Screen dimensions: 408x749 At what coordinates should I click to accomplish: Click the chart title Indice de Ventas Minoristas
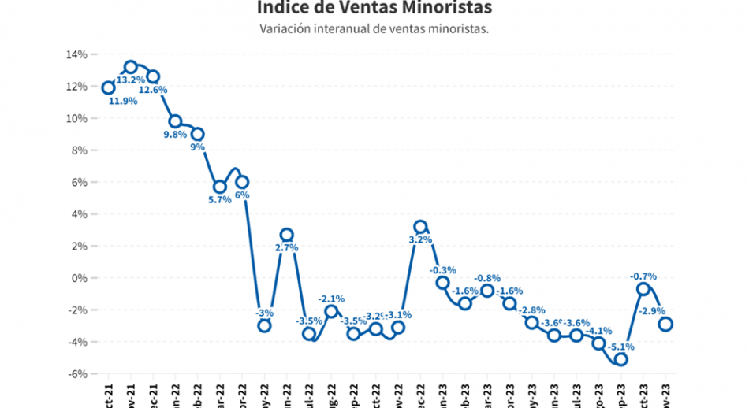(x=374, y=8)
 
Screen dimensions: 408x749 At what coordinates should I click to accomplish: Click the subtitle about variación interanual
(x=374, y=29)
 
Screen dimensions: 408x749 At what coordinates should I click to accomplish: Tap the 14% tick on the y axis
(x=76, y=54)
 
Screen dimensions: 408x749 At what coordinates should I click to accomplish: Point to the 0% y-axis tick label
(x=79, y=278)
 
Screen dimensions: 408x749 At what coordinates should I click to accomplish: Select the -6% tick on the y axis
(x=76, y=374)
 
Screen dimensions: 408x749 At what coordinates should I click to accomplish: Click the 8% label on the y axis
(x=79, y=150)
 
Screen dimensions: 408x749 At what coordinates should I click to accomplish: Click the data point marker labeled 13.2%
(x=131, y=67)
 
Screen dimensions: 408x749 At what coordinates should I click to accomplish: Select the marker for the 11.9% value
(x=108, y=87)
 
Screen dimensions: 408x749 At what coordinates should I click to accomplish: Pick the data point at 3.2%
(x=420, y=227)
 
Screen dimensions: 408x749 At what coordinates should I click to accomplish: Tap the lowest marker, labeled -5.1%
(x=620, y=359)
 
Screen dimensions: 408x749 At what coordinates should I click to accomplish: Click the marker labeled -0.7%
(x=643, y=289)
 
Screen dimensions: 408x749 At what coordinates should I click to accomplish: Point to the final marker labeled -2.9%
(x=665, y=324)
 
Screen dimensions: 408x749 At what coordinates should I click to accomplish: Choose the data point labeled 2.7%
(x=287, y=235)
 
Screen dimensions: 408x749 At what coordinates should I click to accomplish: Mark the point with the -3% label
(x=264, y=325)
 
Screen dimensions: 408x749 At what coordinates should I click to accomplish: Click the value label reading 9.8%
(x=175, y=135)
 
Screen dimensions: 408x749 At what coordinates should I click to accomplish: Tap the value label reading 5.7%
(x=220, y=200)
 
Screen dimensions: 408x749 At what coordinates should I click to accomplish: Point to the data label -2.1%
(x=331, y=299)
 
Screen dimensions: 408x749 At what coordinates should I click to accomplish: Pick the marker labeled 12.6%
(x=153, y=76)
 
